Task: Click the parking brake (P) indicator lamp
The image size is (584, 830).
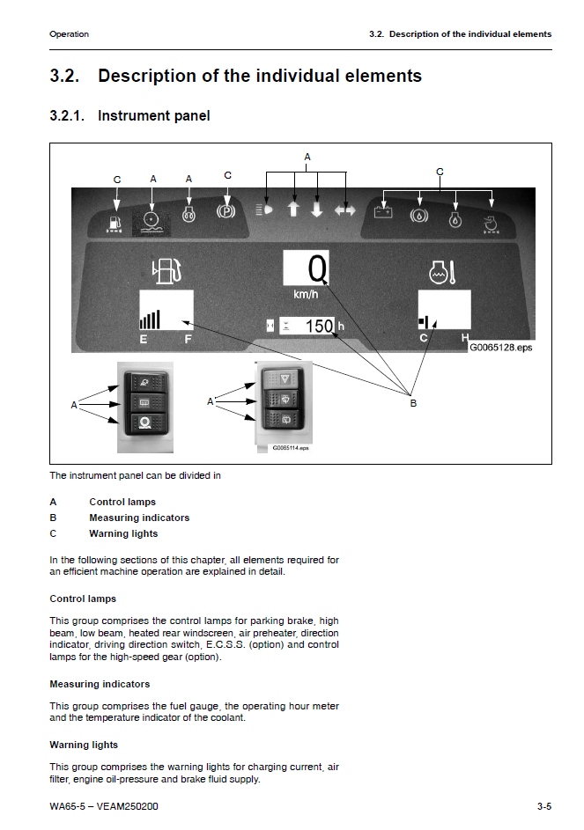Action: pos(227,211)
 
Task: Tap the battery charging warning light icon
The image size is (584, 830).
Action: pos(383,211)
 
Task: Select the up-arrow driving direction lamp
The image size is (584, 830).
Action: pos(294,210)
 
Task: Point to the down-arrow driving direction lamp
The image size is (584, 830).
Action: pos(318,210)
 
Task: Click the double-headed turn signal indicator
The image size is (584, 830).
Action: pos(345,210)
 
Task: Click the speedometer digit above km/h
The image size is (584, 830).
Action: pos(317,266)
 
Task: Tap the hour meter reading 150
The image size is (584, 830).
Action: pos(318,327)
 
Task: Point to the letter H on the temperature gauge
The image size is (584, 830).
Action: pos(464,339)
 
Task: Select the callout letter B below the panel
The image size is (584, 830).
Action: pos(413,403)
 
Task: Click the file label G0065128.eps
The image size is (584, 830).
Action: pos(500,347)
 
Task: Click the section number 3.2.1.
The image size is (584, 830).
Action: pos(67,116)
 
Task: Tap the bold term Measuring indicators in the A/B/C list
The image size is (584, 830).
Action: pos(139,518)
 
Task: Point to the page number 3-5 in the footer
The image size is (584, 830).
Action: pos(543,806)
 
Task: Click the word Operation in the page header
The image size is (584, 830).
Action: pos(69,34)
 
